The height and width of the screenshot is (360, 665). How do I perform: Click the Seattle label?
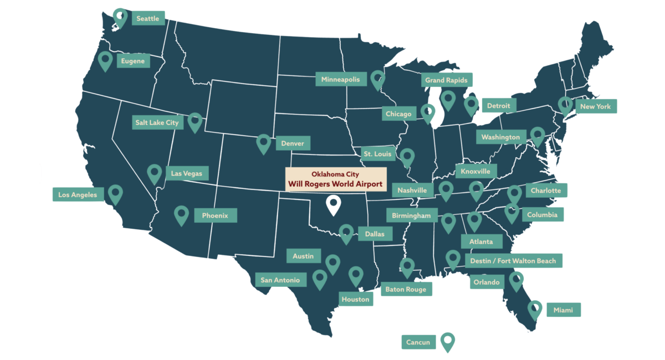tap(147, 19)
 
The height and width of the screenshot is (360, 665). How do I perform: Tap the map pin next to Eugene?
tap(105, 60)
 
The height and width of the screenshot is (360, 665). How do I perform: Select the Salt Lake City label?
tap(157, 122)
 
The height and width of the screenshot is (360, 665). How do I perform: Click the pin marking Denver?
tap(264, 143)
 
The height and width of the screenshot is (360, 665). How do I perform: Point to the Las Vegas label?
tap(187, 174)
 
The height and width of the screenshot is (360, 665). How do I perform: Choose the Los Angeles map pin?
tap(115, 193)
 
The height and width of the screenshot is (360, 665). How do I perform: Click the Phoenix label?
tap(215, 215)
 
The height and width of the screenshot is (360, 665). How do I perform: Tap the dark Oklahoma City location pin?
tap(333, 204)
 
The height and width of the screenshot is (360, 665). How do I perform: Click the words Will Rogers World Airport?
tap(335, 184)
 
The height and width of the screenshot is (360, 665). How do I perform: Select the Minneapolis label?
tap(341, 80)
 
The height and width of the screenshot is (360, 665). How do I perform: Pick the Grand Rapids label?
tap(446, 80)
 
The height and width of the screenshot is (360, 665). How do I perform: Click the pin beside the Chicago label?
tap(428, 112)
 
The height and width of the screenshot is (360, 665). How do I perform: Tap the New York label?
tap(595, 106)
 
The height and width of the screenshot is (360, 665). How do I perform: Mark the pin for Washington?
tap(537, 136)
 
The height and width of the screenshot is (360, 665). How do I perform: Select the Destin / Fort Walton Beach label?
tap(513, 261)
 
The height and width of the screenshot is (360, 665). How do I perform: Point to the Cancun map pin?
tap(447, 341)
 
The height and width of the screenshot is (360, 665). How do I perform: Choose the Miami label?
tap(563, 310)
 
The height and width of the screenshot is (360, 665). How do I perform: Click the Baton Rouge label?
tap(406, 289)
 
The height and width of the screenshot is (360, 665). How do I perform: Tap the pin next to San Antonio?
tap(320, 279)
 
